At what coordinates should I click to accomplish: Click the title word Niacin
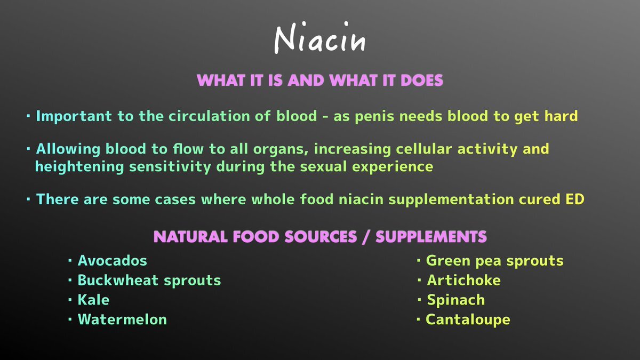tap(320, 38)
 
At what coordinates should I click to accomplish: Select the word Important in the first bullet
tap(74, 117)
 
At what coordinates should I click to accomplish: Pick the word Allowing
tap(68, 149)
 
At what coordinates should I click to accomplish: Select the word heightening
tap(79, 167)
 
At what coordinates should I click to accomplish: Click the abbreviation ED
tap(575, 199)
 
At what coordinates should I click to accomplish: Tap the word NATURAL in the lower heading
tap(190, 237)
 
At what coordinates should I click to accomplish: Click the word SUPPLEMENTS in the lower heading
tap(431, 237)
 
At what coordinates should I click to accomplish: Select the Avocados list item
tap(113, 261)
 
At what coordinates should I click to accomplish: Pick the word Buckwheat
tap(118, 280)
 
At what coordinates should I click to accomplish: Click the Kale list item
tap(93, 300)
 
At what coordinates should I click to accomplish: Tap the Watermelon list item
tap(122, 319)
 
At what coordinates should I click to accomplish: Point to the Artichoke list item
tap(463, 280)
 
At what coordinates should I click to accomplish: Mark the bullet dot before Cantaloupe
tap(418, 319)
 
